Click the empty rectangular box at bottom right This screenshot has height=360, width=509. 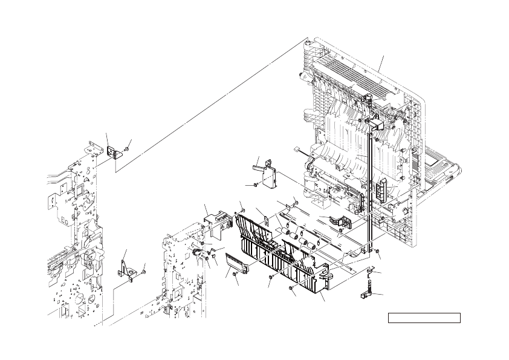(x=424, y=318)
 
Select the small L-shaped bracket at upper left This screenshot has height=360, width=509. (x=113, y=153)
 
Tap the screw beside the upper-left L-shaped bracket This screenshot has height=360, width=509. (x=126, y=149)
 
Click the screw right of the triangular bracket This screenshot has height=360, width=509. (x=144, y=272)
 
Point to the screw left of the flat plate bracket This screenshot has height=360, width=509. (x=256, y=183)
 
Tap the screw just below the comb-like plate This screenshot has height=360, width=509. (x=234, y=275)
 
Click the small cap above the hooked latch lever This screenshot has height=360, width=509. (x=371, y=269)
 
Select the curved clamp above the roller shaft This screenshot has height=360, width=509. (x=332, y=221)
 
